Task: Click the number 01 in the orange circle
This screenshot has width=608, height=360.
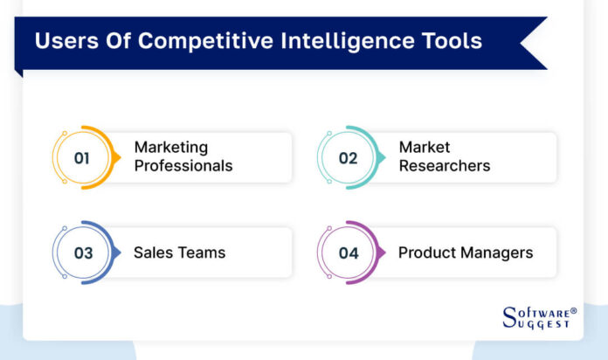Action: [83, 158]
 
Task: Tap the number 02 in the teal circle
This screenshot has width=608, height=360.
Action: [348, 158]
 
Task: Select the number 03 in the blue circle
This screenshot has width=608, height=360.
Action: [83, 253]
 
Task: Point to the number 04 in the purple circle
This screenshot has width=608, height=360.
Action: [348, 253]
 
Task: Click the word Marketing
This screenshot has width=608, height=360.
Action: [170, 147]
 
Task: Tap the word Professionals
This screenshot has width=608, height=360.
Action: [183, 165]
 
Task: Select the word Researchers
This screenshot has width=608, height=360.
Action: [445, 165]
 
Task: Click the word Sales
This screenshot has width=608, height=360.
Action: [152, 253]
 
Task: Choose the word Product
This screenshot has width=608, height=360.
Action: [426, 253]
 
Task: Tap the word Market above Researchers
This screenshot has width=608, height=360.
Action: [425, 147]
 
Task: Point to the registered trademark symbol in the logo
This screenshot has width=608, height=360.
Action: [573, 310]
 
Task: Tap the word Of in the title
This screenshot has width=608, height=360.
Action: [108, 40]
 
